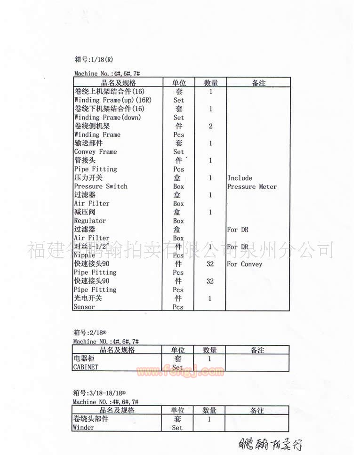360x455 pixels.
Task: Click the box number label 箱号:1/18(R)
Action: tap(94, 59)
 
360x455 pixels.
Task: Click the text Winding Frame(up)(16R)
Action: tap(112, 100)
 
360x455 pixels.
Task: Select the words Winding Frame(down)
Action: tap(107, 117)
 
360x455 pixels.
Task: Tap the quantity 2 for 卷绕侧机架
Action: tap(210, 126)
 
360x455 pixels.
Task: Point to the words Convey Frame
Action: tap(96, 152)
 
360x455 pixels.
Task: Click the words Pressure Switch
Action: tap(101, 186)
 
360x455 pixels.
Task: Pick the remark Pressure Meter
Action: tap(252, 187)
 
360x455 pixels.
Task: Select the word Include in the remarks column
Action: tap(240, 178)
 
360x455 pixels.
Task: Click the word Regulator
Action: tap(90, 221)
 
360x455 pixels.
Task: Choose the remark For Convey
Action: tap(244, 264)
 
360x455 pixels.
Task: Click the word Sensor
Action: tap(84, 307)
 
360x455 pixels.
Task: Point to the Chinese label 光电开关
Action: tap(88, 298)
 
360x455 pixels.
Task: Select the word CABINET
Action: tap(86, 367)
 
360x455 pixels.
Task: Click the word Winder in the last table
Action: tap(84, 428)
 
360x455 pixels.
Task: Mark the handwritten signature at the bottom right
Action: tap(270, 444)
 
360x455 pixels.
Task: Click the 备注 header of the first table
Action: tap(258, 83)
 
